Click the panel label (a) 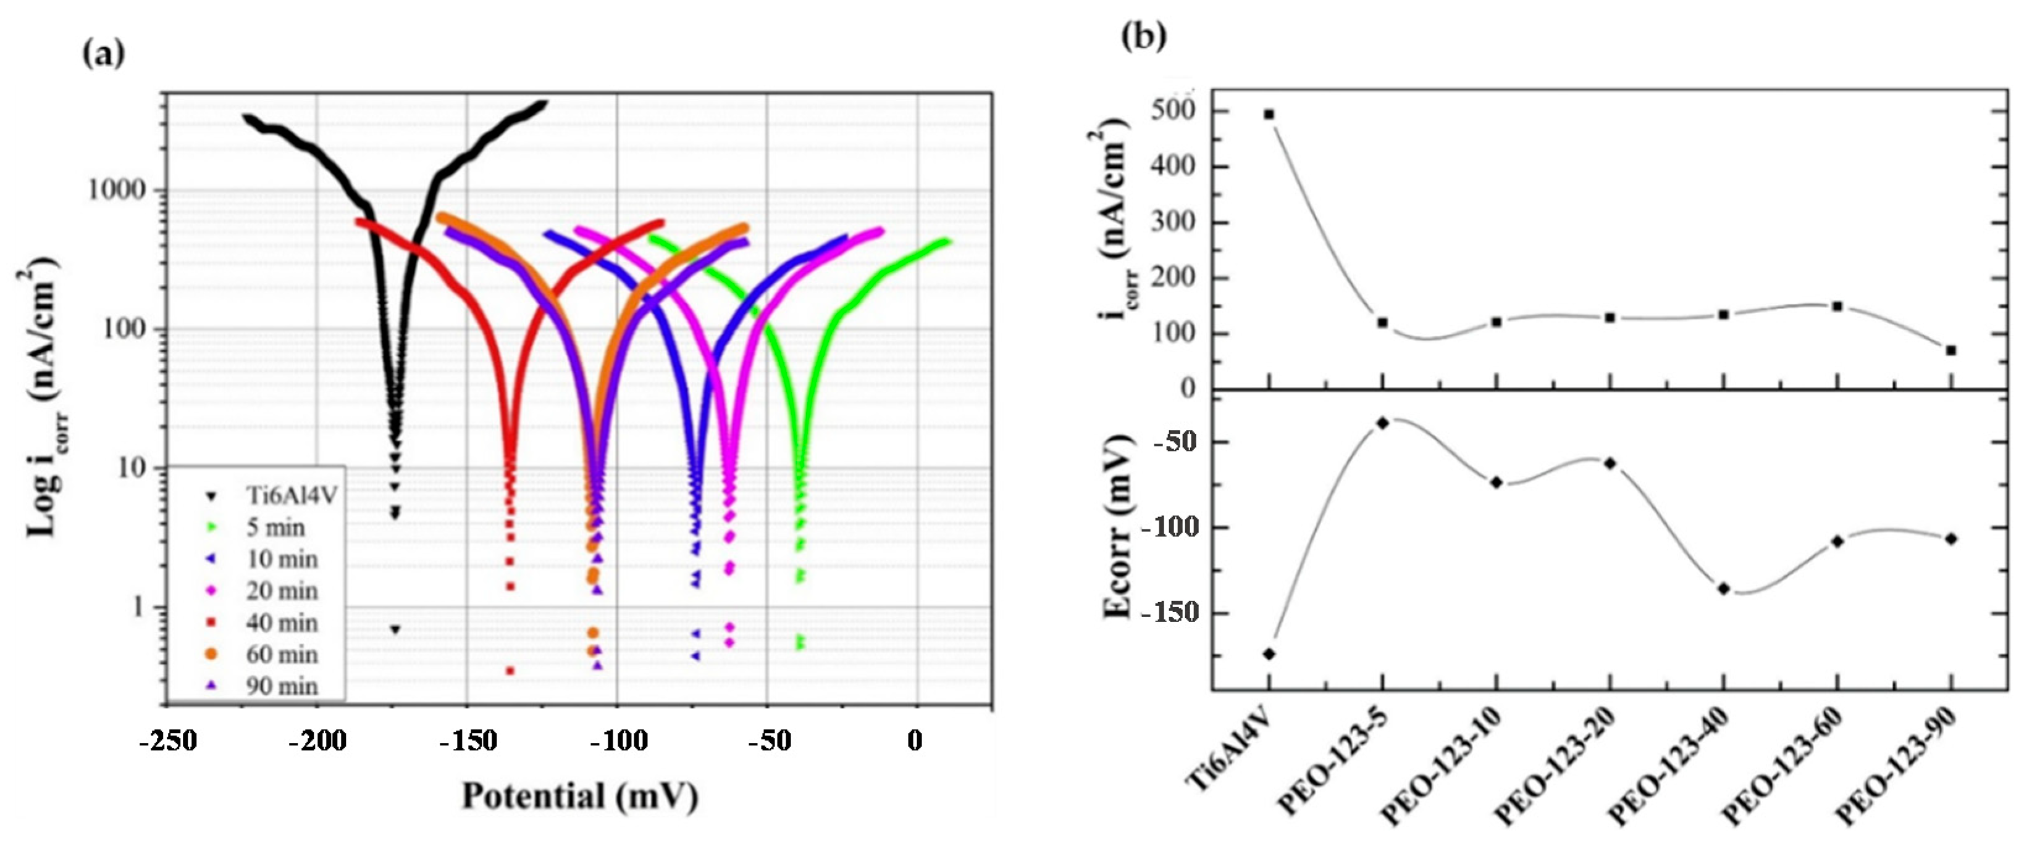click(x=103, y=54)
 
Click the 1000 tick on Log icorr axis click(x=116, y=190)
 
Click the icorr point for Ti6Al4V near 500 click(x=1269, y=114)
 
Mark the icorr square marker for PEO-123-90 click(x=1950, y=350)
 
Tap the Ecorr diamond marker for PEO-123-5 click(x=1382, y=423)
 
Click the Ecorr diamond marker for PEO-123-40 click(x=1724, y=588)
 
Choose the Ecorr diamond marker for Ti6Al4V click(x=1269, y=653)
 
